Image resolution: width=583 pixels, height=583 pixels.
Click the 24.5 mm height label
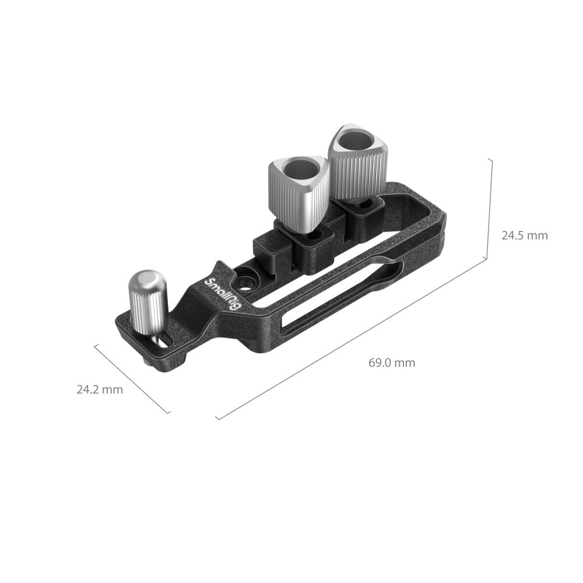524,236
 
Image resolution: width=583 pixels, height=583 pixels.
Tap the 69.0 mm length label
392,363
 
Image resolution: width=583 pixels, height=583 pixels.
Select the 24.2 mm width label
100,389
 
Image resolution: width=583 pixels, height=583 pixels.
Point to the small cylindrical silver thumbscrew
147,303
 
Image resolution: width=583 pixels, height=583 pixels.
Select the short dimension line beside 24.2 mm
132,378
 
